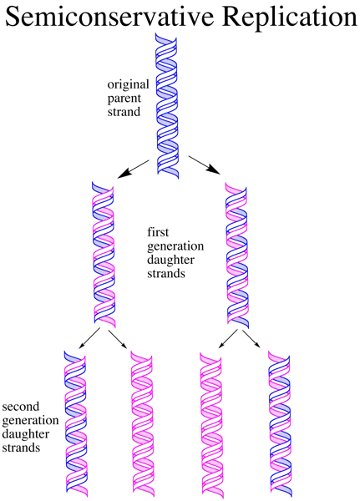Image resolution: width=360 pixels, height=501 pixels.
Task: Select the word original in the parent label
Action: point(128,85)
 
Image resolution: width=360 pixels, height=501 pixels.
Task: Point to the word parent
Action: point(124,99)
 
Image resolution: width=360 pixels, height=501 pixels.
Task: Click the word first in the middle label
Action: point(158,232)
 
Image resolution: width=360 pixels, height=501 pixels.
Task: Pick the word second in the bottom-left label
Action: point(21,407)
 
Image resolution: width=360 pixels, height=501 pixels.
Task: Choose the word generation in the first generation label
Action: point(175,246)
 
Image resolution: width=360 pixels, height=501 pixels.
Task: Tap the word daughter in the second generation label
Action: point(26,434)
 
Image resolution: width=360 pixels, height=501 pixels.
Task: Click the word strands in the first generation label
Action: point(166,274)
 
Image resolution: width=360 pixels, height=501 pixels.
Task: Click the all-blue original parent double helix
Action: point(167,105)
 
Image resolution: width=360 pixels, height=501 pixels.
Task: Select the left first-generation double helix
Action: point(104,255)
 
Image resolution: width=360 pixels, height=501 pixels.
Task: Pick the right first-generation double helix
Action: point(237,255)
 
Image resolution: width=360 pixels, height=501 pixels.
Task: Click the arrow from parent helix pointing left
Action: point(134,169)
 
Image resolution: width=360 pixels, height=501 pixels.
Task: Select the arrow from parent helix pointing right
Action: point(205,164)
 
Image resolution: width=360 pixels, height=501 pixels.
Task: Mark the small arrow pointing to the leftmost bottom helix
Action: point(90,337)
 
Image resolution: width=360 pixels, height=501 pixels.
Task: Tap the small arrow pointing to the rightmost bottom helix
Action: point(251,339)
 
